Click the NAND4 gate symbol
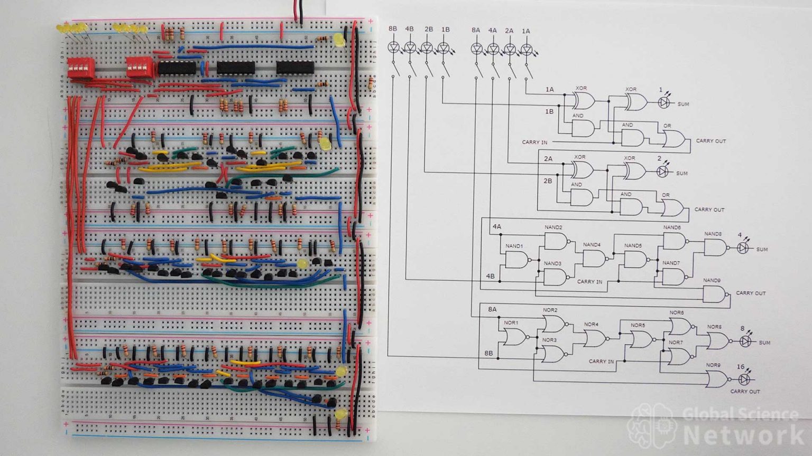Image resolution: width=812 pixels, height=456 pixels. click(x=594, y=259)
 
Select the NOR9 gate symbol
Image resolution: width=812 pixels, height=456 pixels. click(x=716, y=378)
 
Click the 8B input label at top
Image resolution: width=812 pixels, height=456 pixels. click(x=393, y=29)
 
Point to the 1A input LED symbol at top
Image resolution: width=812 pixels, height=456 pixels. click(x=526, y=49)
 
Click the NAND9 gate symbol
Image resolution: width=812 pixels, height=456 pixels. click(x=714, y=294)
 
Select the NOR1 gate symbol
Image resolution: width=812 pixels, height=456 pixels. click(x=514, y=337)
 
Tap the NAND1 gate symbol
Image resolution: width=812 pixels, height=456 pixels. click(x=516, y=260)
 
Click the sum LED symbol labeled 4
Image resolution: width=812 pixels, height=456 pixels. click(x=743, y=248)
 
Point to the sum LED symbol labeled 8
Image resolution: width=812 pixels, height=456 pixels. click(x=745, y=341)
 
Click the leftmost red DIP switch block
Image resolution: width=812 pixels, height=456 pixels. click(x=81, y=68)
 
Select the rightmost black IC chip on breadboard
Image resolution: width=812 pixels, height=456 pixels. click(x=295, y=68)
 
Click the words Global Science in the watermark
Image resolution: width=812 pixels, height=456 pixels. click(x=740, y=413)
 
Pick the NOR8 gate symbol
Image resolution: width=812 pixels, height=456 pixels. click(x=717, y=341)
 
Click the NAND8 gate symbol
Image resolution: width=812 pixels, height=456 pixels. click(x=715, y=248)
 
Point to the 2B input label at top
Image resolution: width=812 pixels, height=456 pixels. click(x=428, y=29)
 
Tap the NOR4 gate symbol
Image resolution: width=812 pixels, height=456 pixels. click(x=595, y=338)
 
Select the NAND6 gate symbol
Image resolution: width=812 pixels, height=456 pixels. click(x=673, y=241)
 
